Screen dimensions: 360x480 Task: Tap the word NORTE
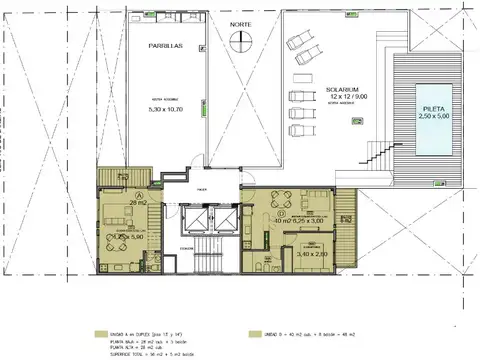[x=240, y=22]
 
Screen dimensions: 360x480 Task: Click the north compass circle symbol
[x=238, y=41]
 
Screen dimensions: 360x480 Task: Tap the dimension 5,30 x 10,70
[x=165, y=109]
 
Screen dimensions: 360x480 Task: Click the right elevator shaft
[x=227, y=220]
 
